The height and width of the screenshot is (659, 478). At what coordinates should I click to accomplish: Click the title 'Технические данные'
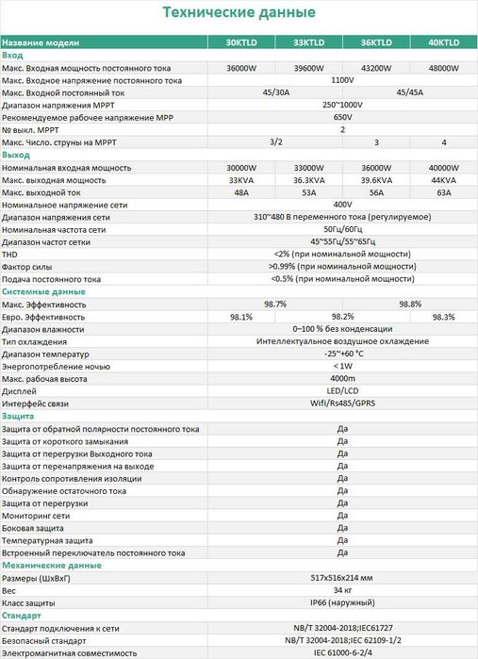click(x=239, y=12)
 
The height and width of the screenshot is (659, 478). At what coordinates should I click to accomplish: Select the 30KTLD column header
click(x=240, y=42)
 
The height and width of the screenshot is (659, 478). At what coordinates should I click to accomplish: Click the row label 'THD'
click(x=10, y=254)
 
